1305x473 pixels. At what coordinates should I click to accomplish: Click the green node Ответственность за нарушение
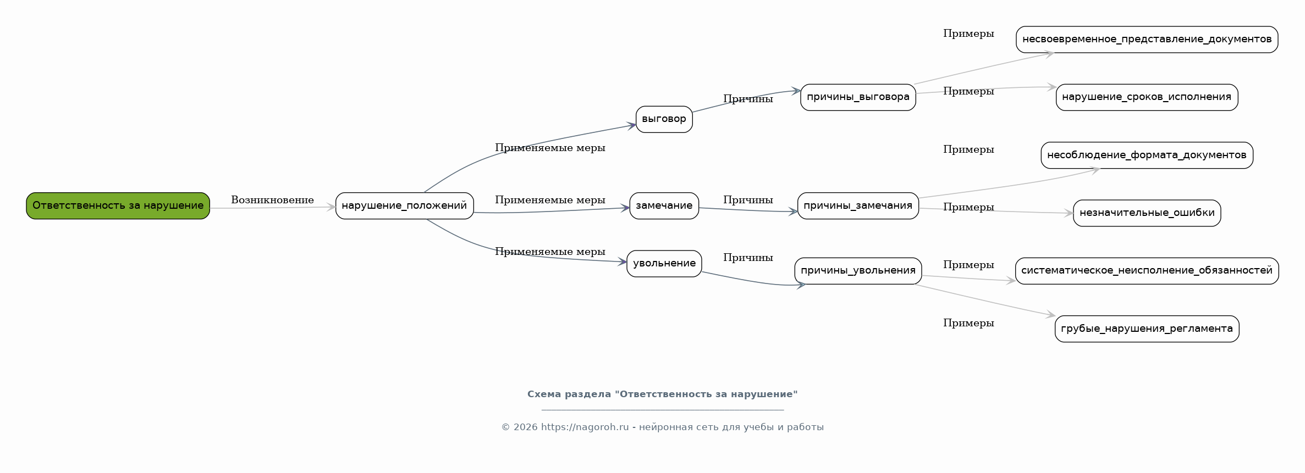(118, 205)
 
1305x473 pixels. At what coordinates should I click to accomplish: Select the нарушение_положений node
(404, 205)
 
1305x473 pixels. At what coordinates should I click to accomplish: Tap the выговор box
(664, 119)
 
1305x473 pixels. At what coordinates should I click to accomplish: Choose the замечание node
(664, 205)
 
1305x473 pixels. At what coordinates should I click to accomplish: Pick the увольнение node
(664, 263)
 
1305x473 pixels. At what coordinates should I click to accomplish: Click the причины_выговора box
(858, 97)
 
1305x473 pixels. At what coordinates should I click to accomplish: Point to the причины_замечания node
(858, 205)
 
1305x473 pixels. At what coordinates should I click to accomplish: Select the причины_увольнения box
(858, 270)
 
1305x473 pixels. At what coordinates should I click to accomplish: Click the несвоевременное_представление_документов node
(1147, 39)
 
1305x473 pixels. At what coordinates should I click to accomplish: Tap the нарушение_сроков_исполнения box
(1147, 97)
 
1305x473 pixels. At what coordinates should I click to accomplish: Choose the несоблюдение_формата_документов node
(1147, 155)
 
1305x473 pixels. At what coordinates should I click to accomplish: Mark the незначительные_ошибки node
(1147, 213)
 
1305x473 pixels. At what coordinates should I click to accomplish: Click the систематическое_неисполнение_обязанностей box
(1147, 270)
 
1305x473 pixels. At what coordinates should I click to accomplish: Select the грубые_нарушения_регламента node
(1147, 329)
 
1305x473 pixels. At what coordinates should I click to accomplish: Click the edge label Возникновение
(272, 200)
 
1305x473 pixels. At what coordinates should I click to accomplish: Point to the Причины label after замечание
(748, 200)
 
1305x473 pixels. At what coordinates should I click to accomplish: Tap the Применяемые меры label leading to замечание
(550, 200)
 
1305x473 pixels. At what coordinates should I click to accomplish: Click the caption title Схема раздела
(662, 394)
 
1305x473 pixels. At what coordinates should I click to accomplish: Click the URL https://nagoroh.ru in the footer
(585, 427)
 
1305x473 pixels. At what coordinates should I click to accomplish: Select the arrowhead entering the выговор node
(632, 126)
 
